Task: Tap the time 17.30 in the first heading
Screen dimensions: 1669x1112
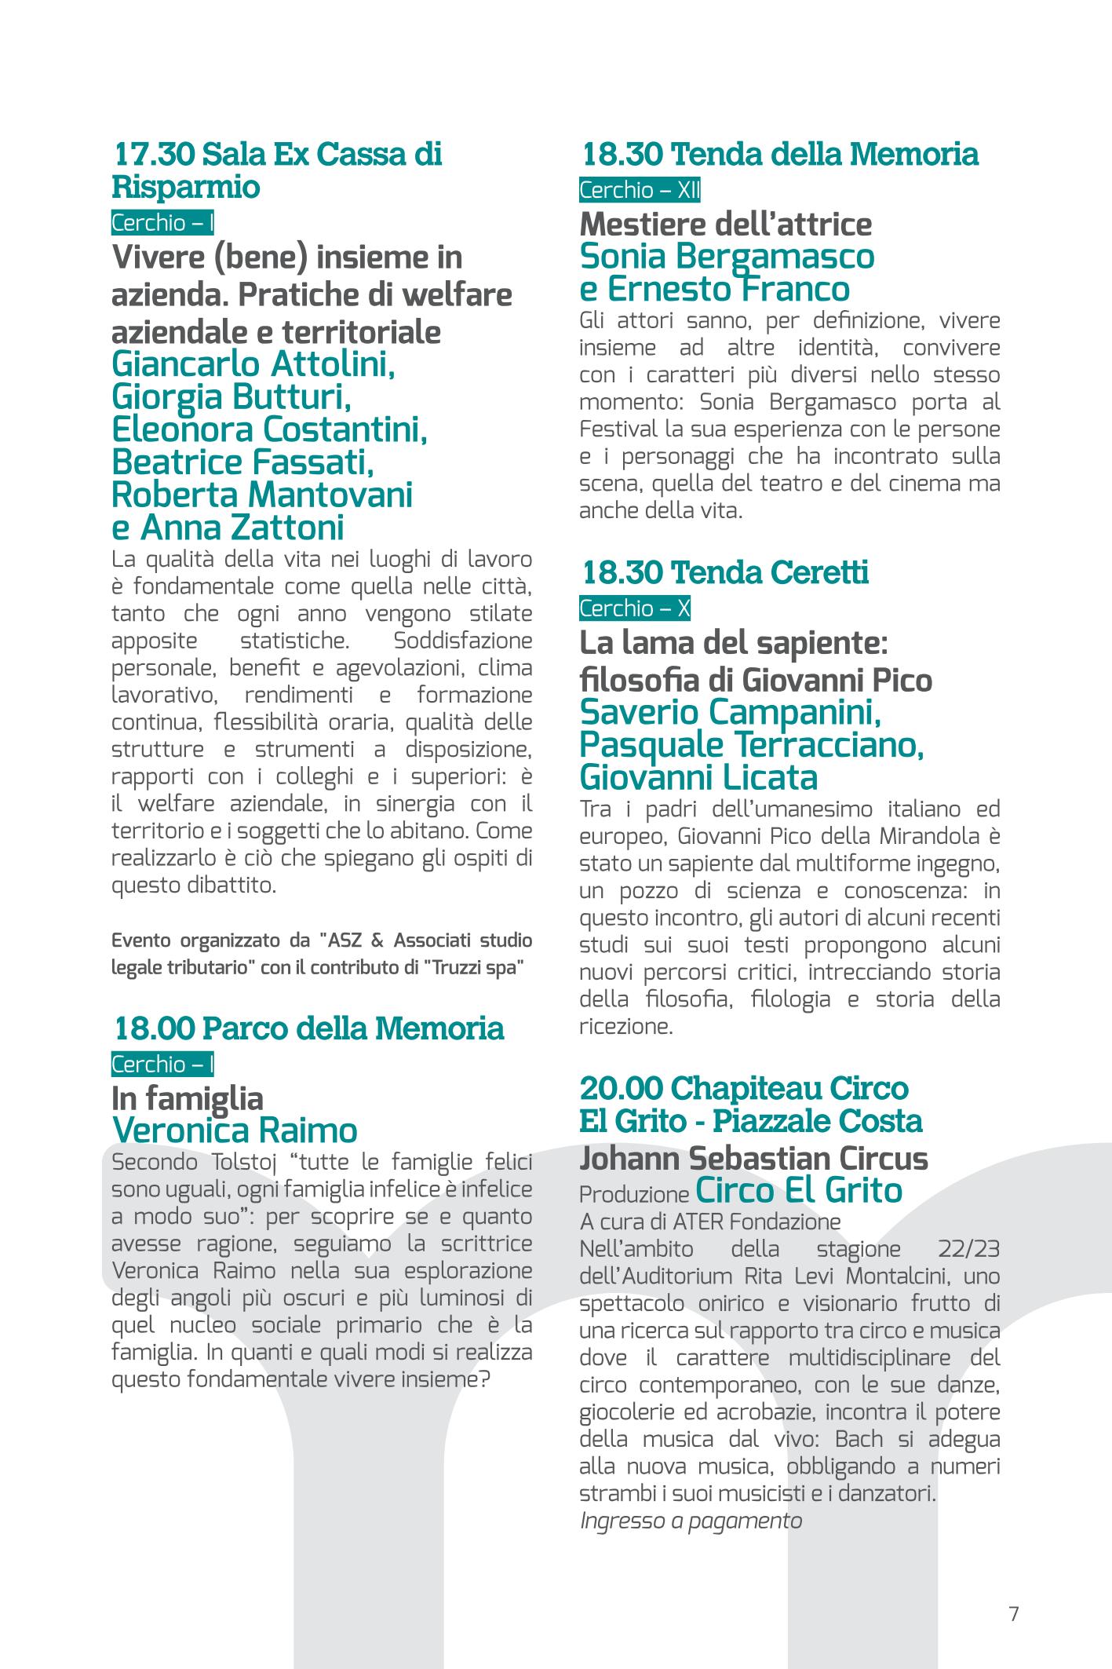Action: point(155,154)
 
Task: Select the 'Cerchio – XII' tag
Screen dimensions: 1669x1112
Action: point(640,190)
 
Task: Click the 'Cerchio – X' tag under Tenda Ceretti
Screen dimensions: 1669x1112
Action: point(635,608)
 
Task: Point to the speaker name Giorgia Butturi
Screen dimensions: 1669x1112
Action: point(231,398)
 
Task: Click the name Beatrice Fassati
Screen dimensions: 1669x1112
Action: point(242,463)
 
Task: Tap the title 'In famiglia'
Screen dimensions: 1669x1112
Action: point(188,1097)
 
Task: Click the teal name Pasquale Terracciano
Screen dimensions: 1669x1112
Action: point(751,745)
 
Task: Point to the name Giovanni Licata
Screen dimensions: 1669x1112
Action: point(698,778)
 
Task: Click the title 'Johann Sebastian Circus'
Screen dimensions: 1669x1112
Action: point(753,1159)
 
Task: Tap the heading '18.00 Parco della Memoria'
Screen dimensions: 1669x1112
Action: point(309,1028)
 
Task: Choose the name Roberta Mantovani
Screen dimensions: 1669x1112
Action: point(262,495)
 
